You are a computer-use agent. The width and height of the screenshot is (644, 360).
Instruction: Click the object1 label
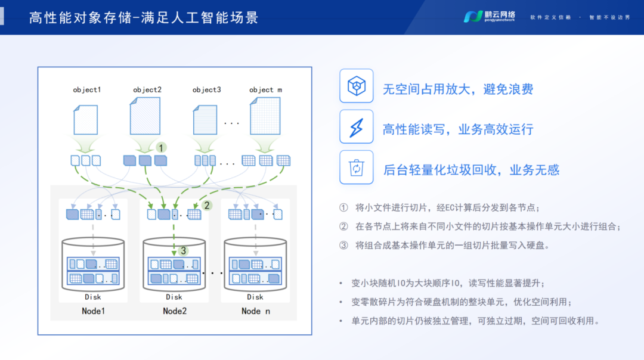click(87, 90)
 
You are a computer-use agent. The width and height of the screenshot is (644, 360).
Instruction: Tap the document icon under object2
click(145, 116)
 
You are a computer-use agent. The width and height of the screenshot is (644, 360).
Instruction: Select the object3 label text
click(207, 90)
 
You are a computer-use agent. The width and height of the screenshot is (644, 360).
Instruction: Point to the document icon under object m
click(265, 119)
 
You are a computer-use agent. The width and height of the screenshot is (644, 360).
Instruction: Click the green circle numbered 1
click(160, 147)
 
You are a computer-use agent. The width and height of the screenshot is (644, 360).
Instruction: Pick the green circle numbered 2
click(207, 205)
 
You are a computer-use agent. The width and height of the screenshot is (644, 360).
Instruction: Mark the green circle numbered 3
click(184, 250)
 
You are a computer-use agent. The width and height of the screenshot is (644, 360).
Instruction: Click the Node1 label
click(93, 311)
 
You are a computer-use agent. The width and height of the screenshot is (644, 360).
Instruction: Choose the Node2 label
click(175, 311)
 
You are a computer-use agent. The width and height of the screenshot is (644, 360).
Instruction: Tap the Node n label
click(256, 311)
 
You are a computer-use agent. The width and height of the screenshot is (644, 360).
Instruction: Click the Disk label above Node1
click(93, 297)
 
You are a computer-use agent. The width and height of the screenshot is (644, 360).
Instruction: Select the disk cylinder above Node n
click(255, 265)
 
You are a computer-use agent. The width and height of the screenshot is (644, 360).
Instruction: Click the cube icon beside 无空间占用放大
click(356, 86)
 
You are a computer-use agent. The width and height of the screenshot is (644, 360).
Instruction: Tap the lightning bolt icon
click(356, 127)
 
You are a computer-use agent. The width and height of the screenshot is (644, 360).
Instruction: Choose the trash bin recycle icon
click(356, 167)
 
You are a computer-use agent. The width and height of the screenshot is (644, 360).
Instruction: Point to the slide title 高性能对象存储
click(144, 17)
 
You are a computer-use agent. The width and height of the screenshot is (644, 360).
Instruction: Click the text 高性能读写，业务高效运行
click(458, 129)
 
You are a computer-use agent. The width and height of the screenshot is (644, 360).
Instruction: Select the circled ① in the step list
click(343, 208)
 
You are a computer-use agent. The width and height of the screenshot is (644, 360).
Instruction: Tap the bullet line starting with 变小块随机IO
click(448, 283)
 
